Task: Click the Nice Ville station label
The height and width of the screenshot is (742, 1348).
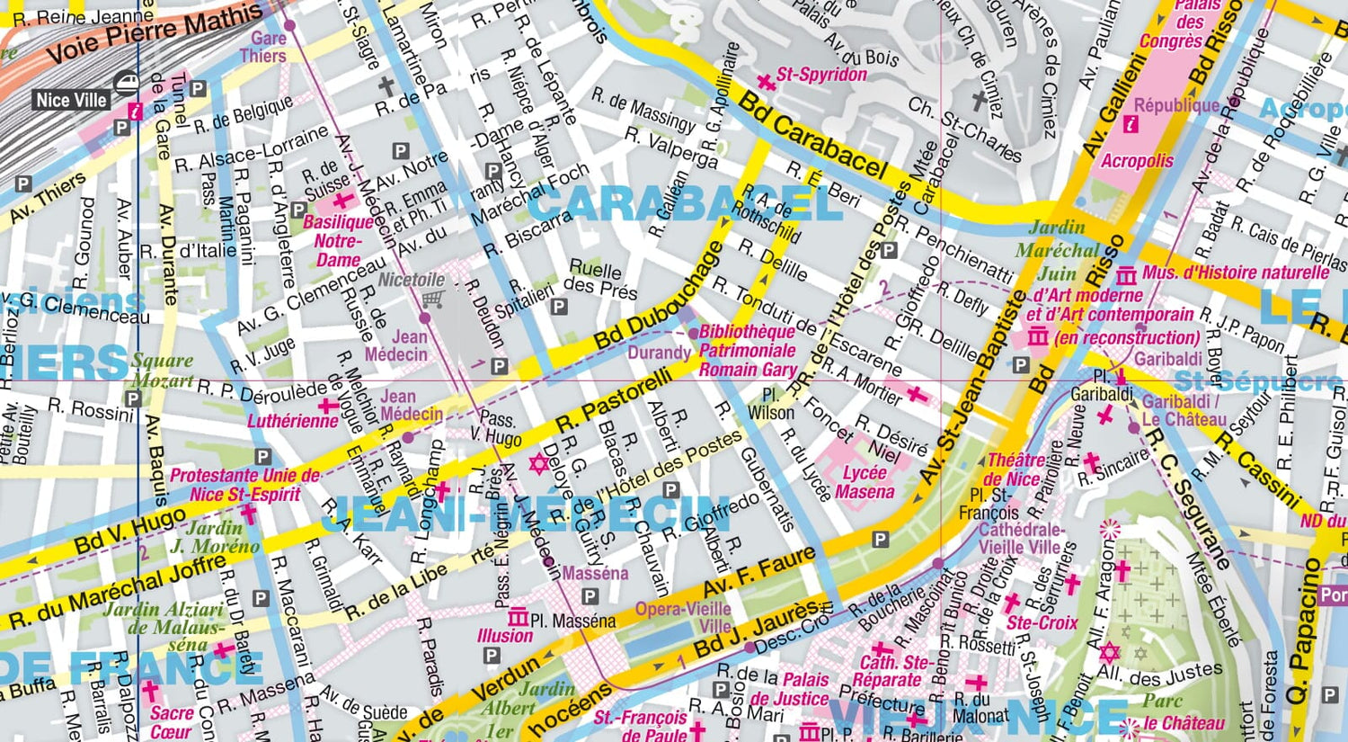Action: [72, 100]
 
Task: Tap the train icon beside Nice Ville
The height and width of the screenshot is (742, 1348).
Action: [126, 84]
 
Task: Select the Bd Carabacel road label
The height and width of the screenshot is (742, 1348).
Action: [812, 135]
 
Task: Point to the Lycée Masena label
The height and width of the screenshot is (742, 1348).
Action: [865, 482]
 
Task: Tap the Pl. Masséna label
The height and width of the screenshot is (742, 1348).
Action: [572, 621]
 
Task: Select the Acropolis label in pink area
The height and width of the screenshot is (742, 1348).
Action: [1137, 161]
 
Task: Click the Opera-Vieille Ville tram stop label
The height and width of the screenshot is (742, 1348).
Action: [684, 617]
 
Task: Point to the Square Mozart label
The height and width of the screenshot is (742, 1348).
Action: [163, 370]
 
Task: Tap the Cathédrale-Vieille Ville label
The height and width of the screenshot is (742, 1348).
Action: [1019, 538]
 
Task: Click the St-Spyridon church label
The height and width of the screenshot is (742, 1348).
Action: [821, 75]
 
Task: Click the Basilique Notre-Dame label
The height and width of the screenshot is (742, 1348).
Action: [338, 240]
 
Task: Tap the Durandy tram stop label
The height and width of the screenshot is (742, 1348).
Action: [659, 352]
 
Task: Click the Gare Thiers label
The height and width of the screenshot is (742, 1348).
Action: [263, 47]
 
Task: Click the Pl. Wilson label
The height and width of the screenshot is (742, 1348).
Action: [771, 404]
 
